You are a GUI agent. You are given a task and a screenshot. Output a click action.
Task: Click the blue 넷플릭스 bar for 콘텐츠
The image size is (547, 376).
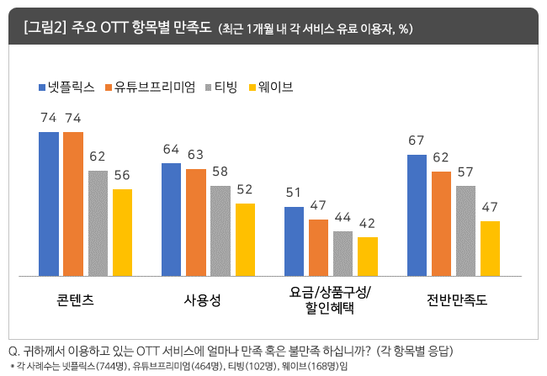pos(49,204)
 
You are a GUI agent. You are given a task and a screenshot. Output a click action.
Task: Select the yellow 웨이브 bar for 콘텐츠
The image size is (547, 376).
pos(123,232)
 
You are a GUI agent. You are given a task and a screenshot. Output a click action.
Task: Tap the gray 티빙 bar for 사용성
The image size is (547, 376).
pos(220,230)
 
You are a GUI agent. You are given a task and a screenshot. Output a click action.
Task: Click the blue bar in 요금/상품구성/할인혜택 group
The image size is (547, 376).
pos(294,241)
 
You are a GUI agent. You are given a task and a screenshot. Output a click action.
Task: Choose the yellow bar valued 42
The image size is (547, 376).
pos(368,256)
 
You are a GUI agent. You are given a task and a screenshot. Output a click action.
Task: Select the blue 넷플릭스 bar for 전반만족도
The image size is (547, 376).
pos(417,215)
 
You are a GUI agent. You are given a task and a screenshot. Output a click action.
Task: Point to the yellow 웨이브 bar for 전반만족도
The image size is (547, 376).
pos(491,248)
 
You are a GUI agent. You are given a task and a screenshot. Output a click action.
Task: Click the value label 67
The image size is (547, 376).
pos(417,140)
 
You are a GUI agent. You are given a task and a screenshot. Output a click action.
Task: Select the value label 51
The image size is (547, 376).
pos(294,191)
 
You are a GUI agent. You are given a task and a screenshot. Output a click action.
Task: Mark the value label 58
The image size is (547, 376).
pos(220,171)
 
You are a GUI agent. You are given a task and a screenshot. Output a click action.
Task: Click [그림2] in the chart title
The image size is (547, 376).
pos(43,28)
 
